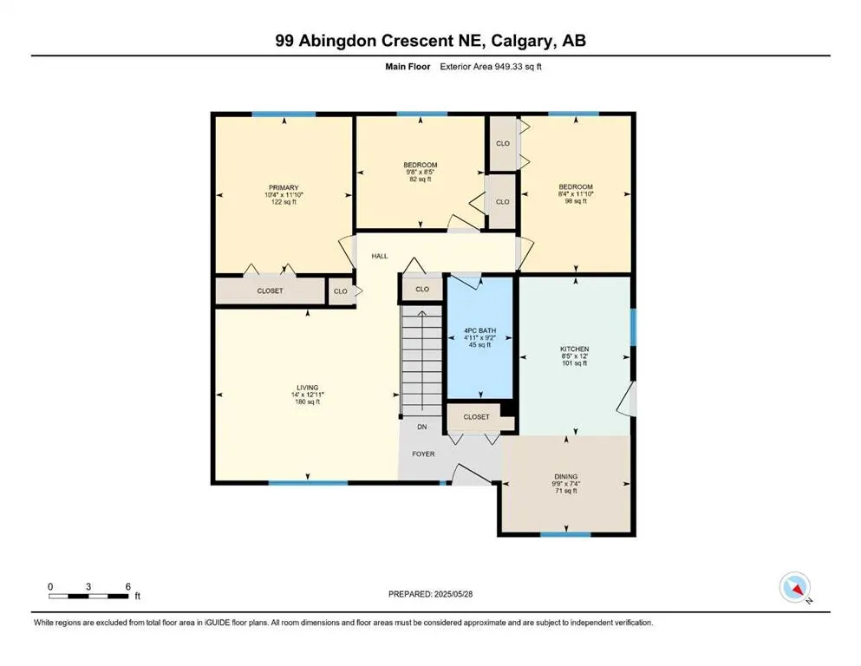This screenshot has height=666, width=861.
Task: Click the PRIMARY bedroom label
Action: pyautogui.click(x=284, y=188)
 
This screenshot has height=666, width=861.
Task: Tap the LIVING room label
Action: pyautogui.click(x=308, y=387)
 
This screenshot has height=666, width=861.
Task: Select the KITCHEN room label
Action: pyautogui.click(x=574, y=349)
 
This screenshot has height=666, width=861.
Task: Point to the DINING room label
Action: pyautogui.click(x=565, y=476)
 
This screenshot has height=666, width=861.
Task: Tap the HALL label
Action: pyautogui.click(x=380, y=257)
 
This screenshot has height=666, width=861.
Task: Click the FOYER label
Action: pyautogui.click(x=423, y=454)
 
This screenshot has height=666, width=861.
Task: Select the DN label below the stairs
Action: pyautogui.click(x=422, y=428)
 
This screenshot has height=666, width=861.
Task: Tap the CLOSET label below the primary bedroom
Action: pyautogui.click(x=270, y=291)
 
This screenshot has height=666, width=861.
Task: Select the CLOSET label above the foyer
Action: pyautogui.click(x=476, y=417)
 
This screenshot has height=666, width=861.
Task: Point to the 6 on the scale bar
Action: pyautogui.click(x=128, y=586)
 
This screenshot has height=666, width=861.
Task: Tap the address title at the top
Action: pyautogui.click(x=430, y=41)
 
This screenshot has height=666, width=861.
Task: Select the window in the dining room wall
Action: pyautogui.click(x=559, y=533)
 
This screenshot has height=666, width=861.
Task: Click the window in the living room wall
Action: pyautogui.click(x=307, y=483)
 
